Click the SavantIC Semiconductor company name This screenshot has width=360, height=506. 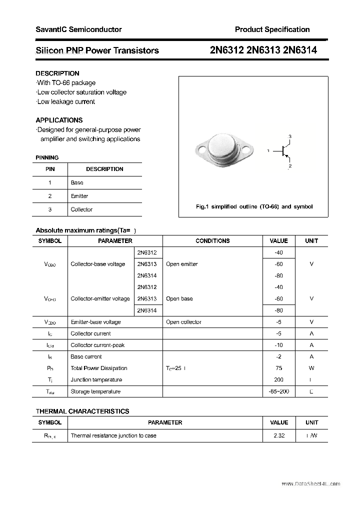pyautogui.click(x=78, y=29)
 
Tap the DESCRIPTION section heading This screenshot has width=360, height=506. pyautogui.click(x=57, y=73)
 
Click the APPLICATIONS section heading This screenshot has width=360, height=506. pyautogui.click(x=59, y=120)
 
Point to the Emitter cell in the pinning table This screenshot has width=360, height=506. pyautogui.click(x=79, y=196)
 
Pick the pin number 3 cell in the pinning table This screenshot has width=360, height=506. pyautogui.click(x=49, y=209)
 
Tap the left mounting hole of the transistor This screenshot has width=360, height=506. pyautogui.click(x=202, y=148)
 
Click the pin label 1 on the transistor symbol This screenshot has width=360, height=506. pyautogui.click(x=268, y=150)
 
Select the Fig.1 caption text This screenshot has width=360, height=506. pyautogui.click(x=253, y=206)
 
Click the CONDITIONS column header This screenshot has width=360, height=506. pyautogui.click(x=212, y=241)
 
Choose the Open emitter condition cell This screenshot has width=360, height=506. pyautogui.click(x=181, y=264)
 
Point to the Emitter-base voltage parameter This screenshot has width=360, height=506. pyautogui.click(x=95, y=322)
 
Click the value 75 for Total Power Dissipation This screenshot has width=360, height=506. pyautogui.click(x=278, y=368)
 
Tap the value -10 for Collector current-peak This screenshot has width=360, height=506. pyautogui.click(x=278, y=345)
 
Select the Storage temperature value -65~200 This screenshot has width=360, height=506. pyautogui.click(x=278, y=391)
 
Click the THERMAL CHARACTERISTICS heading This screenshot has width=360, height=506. pyautogui.click(x=82, y=411)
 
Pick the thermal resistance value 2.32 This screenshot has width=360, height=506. pyautogui.click(x=279, y=435)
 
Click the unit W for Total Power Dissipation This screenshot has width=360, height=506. pyautogui.click(x=311, y=368)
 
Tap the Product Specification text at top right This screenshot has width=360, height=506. pyautogui.click(x=272, y=29)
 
